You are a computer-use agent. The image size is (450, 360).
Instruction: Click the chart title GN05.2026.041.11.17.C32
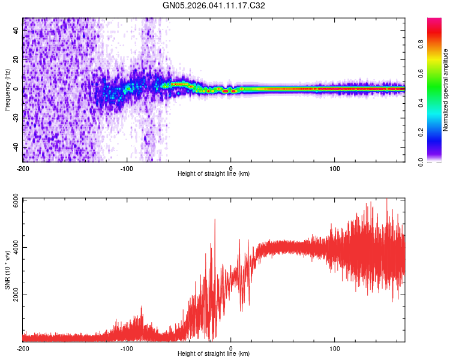click(x=214, y=5)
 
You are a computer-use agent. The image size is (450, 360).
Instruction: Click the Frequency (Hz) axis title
click(x=7, y=90)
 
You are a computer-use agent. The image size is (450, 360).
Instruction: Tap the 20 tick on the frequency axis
click(x=16, y=59)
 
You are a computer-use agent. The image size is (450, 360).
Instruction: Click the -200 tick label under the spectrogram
click(x=23, y=167)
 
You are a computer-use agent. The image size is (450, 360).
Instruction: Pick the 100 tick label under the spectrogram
click(x=335, y=167)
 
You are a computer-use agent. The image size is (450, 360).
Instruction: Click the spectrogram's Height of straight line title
click(x=214, y=174)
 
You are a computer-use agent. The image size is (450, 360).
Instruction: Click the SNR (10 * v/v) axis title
click(x=7, y=270)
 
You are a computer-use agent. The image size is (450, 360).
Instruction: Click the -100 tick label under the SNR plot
click(x=127, y=348)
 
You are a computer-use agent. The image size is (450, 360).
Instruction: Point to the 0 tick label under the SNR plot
click(x=231, y=348)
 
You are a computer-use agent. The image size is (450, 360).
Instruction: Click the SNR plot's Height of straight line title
click(x=214, y=355)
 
